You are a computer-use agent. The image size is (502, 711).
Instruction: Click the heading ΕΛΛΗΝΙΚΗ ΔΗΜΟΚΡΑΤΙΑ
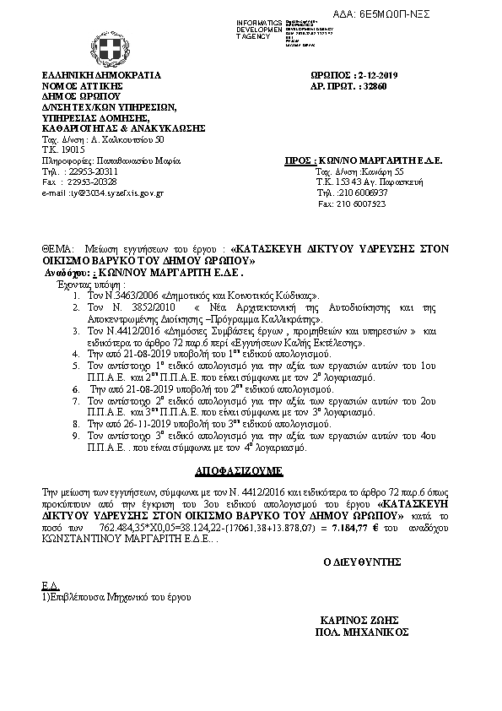[x=101, y=75]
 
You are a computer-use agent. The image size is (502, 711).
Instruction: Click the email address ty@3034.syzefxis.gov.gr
[x=115, y=193]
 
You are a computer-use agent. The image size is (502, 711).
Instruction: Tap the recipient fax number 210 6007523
[x=363, y=204]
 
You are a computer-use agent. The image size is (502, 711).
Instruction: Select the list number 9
[x=76, y=435]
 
